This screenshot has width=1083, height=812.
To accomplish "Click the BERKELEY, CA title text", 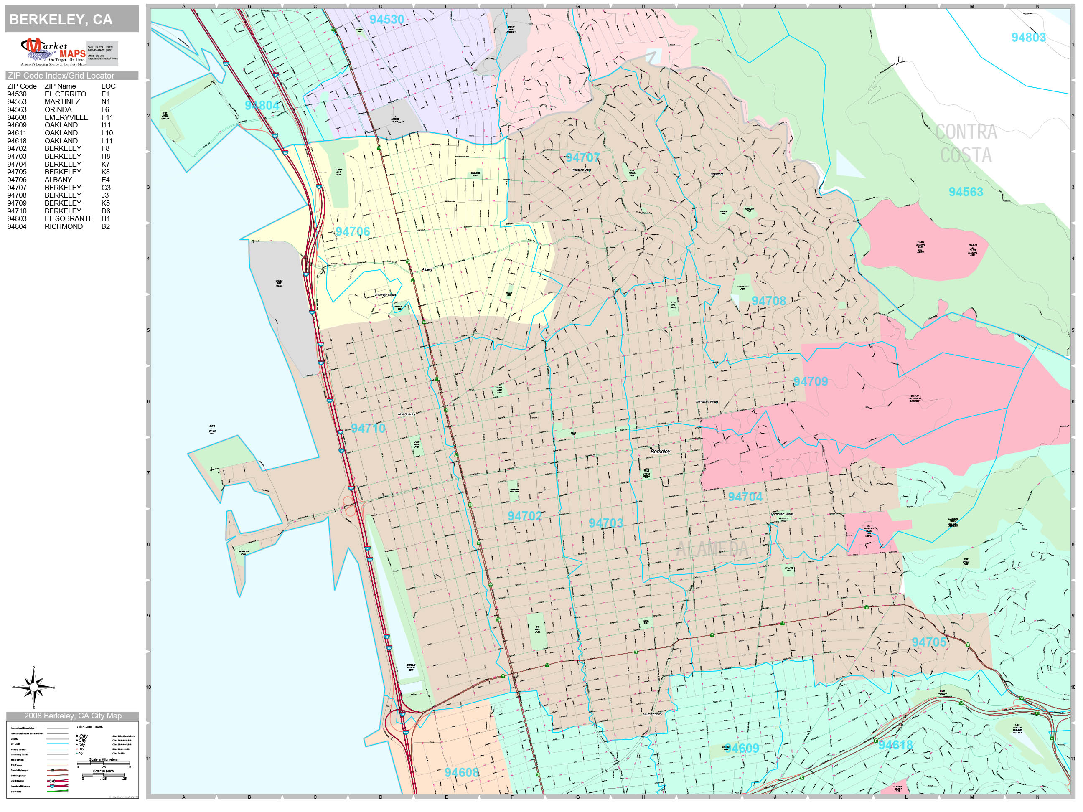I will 61,20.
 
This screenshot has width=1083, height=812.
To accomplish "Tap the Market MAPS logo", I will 53,52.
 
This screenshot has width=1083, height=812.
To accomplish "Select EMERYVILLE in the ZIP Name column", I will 66,117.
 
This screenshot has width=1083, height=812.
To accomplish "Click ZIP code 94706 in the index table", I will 17,180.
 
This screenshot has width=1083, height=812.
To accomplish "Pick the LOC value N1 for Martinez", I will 105,102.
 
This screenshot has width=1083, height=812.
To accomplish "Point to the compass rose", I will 33,687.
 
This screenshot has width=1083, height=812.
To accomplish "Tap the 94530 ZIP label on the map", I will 386,20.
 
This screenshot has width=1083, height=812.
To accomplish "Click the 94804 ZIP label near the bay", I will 262,106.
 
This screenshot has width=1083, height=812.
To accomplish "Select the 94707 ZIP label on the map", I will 582,157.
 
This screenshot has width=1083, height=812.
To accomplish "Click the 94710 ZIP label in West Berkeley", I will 368,428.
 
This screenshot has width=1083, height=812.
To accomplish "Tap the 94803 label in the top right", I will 1028,38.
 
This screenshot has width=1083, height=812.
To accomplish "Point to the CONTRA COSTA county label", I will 966,143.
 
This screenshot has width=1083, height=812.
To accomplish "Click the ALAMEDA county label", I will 712,549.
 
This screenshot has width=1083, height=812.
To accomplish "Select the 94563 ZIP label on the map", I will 966,192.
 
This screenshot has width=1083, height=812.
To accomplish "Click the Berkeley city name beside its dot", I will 660,451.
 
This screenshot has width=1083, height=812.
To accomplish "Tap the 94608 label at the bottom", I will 461,772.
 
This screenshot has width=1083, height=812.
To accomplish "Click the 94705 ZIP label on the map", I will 929,642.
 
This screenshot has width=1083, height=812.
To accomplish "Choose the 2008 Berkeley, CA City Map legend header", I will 72,716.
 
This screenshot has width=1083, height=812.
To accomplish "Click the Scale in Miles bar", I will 103,775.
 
